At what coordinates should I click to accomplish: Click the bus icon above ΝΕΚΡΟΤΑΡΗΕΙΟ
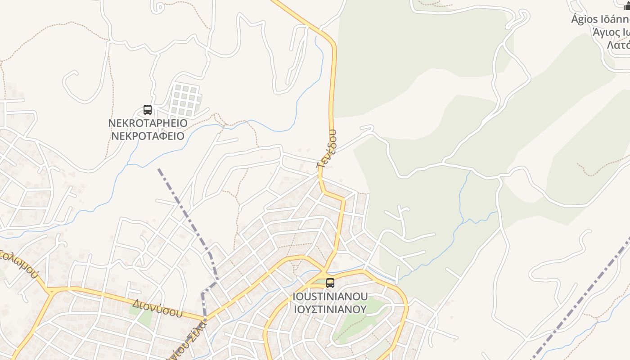(x=147, y=109)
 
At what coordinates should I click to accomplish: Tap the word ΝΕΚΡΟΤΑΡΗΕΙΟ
(x=148, y=123)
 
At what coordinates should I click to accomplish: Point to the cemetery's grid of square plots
(x=184, y=99)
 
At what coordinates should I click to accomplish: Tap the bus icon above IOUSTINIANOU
(x=330, y=283)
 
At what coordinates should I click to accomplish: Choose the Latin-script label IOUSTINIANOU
(x=330, y=297)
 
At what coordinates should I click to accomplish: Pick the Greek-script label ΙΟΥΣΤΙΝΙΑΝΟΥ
(x=330, y=309)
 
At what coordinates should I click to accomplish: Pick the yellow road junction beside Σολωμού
(x=50, y=290)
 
